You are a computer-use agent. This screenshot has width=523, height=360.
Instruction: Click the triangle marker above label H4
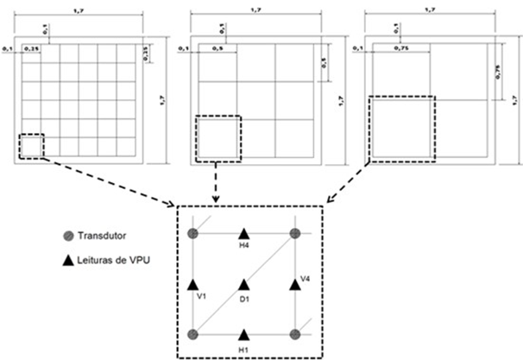pos(244,233)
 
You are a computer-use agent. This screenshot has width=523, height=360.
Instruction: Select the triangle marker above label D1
pos(244,284)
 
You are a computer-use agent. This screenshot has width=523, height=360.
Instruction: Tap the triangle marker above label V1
pos(193,284)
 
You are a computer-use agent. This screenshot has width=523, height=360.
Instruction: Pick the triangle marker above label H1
pos(244,334)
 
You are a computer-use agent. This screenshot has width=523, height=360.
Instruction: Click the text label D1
pos(244,300)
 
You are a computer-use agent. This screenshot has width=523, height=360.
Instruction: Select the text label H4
pos(244,247)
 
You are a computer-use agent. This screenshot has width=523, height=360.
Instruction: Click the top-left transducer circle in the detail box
pos(193,233)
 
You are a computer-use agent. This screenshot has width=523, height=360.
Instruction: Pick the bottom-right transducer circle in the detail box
pos(295,334)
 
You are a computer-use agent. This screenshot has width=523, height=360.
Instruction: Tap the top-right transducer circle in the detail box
pos(295,233)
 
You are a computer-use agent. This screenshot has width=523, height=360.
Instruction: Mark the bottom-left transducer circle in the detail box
pos(193,334)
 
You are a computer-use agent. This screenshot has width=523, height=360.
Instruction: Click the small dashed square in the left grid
pos(31,146)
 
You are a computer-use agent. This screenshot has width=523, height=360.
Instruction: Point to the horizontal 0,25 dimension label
pos(34,48)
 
